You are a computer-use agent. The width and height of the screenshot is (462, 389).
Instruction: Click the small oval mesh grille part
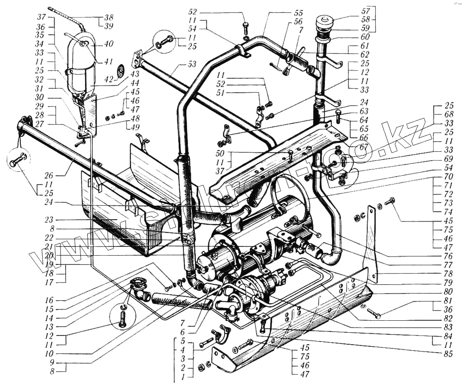(121, 71)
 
